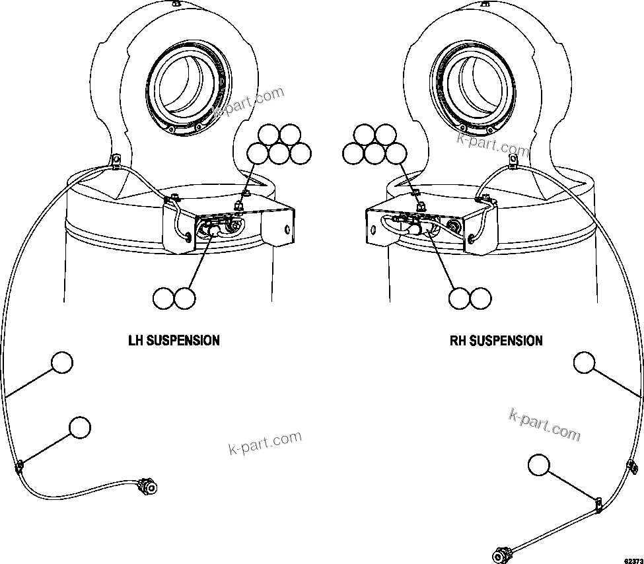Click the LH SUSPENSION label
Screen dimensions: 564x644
pyautogui.click(x=174, y=341)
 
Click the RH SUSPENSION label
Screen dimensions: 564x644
pyautogui.click(x=496, y=341)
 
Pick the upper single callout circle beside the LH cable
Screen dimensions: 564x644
pyautogui.click(x=61, y=363)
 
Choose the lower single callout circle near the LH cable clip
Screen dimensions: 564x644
pyautogui.click(x=79, y=427)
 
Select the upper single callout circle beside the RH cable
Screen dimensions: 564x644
pyautogui.click(x=583, y=363)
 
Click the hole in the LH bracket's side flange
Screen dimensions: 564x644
pyautogui.click(x=286, y=230)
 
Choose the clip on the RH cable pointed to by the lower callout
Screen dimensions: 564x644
pyautogui.click(x=598, y=505)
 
